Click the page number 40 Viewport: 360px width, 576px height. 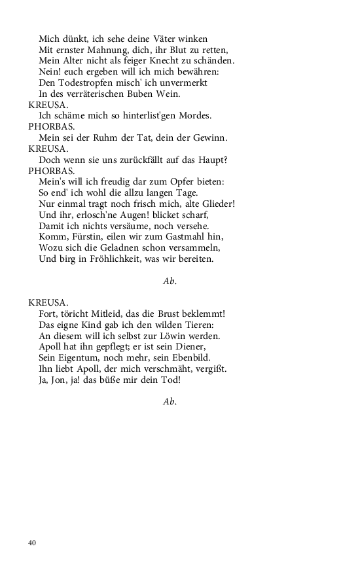tap(32, 543)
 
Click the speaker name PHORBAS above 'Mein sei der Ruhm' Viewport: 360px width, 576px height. tap(51, 127)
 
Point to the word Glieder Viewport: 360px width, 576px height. tap(215, 204)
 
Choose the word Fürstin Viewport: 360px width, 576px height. tap(88, 237)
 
